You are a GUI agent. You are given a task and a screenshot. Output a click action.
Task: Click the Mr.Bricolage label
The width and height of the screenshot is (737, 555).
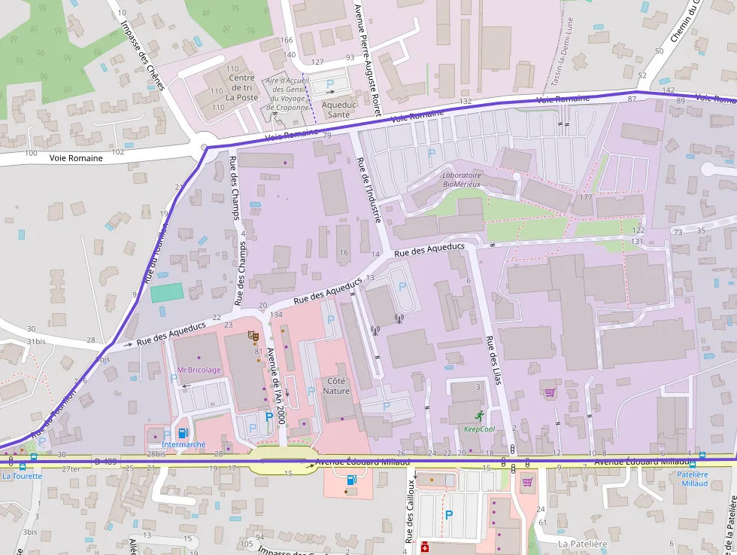tap(199, 370)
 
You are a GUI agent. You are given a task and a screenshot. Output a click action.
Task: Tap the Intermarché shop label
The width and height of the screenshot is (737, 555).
tap(183, 444)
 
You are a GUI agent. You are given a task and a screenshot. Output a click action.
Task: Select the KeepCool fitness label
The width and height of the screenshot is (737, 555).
tap(479, 428)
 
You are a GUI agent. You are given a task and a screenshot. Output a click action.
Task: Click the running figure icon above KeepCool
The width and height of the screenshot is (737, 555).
tap(479, 416)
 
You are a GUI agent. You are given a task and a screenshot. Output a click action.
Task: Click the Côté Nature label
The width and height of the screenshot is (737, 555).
tap(337, 386)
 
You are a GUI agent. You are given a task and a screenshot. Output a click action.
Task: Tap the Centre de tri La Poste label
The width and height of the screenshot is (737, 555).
tap(242, 87)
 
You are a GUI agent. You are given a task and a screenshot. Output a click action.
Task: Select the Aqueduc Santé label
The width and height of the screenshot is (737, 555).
tap(335, 109)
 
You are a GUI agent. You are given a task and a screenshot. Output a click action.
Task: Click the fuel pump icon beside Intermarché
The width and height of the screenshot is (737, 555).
tap(182, 432)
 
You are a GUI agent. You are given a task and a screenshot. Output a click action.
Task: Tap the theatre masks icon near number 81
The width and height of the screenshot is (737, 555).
tap(253, 338)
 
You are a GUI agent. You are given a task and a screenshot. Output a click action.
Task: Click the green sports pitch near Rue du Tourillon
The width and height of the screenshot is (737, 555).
tap(166, 292)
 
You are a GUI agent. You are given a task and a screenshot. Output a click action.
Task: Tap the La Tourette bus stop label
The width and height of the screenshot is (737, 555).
tap(22, 476)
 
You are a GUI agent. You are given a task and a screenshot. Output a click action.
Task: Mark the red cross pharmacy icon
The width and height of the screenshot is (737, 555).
tap(424, 547)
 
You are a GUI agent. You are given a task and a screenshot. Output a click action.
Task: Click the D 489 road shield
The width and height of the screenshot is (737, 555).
tap(105, 461)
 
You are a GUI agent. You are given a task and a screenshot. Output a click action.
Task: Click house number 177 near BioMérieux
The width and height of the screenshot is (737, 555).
tap(586, 197)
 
